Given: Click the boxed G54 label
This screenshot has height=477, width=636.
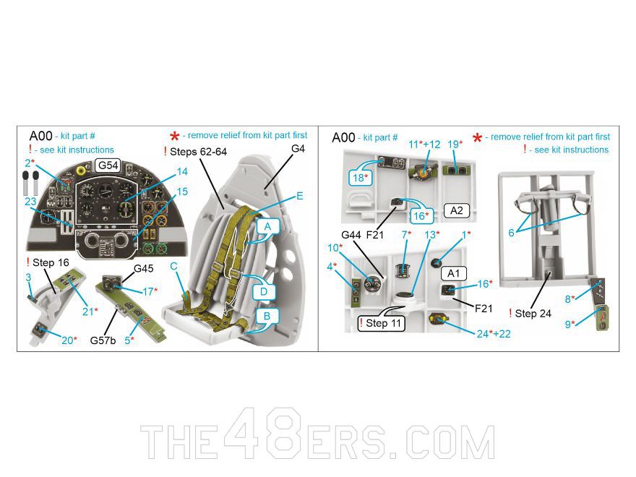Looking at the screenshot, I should [108, 166].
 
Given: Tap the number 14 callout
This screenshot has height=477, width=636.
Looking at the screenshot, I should [181, 172].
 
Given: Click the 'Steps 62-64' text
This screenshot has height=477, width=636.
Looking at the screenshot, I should [198, 152].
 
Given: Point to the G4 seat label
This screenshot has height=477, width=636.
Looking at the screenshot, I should [298, 148].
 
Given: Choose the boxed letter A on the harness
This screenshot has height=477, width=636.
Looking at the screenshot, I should [267, 227].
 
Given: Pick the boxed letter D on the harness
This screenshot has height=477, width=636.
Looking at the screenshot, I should [264, 291].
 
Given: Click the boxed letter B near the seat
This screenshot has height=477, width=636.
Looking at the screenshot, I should [267, 317].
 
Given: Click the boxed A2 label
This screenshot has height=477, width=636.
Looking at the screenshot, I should [457, 210].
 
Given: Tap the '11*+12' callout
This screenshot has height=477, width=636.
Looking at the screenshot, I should [424, 145].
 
